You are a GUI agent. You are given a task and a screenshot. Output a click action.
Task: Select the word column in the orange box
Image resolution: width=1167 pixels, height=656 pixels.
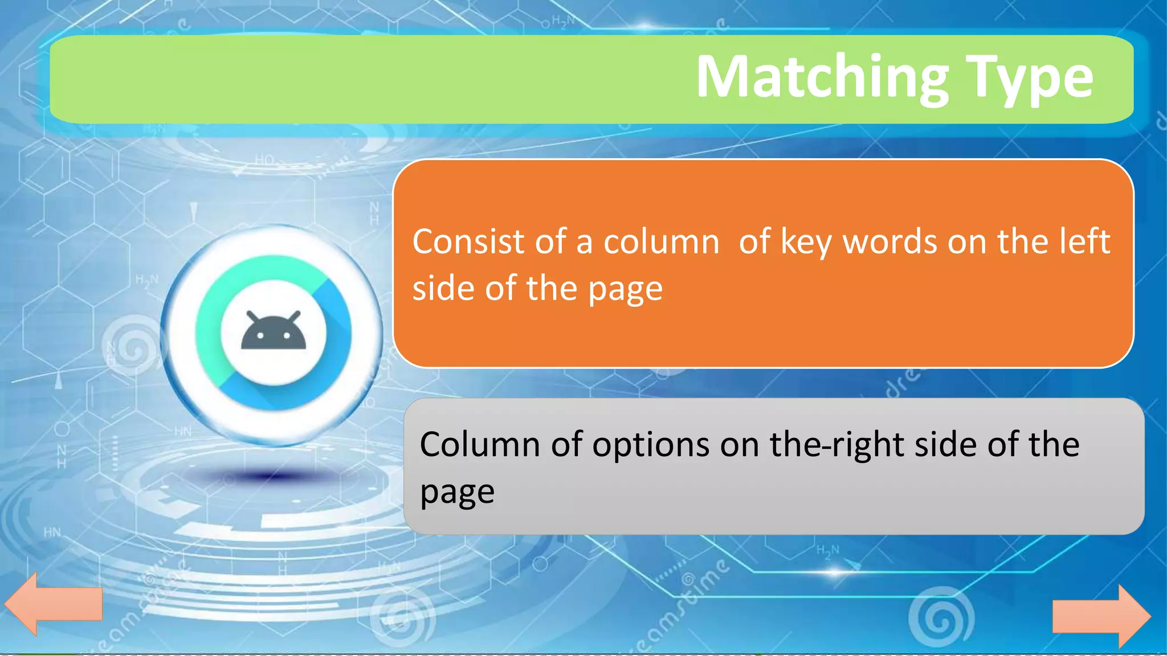coord(662,241)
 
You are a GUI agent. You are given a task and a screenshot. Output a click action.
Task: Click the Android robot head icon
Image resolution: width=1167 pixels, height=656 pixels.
coord(274,334)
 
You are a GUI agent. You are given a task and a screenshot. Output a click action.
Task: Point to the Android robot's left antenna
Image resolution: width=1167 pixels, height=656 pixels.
coord(252,317)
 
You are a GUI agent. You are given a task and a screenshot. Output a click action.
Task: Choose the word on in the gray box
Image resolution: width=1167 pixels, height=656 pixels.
coord(740,445)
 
